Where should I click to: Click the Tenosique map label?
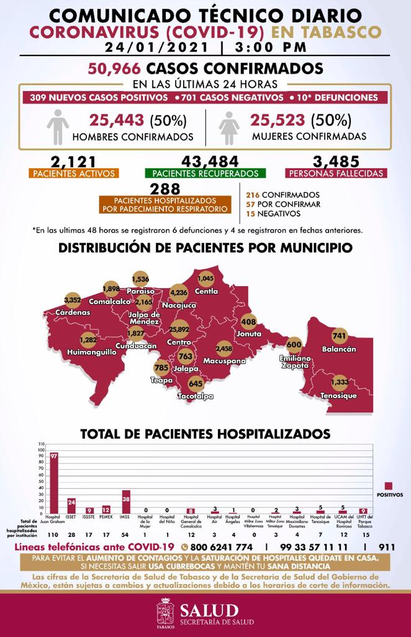[338, 396]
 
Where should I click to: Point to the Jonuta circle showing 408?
[248, 322]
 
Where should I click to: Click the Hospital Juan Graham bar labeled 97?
[54, 483]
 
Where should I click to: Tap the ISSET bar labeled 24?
[71, 506]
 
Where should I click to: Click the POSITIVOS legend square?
[389, 485]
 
